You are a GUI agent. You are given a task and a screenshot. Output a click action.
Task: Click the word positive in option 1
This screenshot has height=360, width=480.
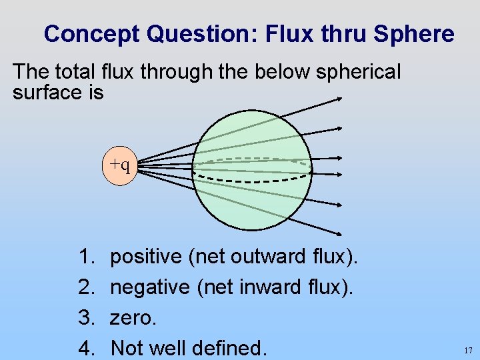(x=146, y=257)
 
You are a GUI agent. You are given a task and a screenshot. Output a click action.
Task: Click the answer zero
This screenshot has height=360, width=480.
(x=133, y=318)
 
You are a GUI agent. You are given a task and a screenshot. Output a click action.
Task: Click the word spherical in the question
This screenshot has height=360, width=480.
(x=358, y=71)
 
